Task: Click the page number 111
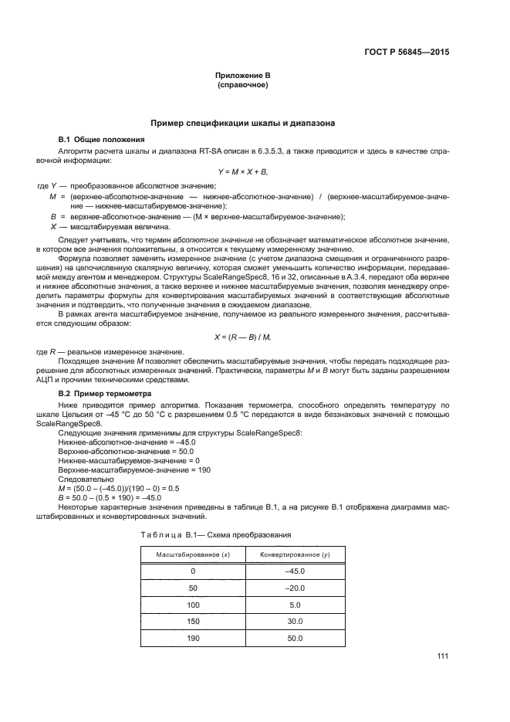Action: tap(442, 656)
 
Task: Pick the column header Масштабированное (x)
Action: tap(191, 555)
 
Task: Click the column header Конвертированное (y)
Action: tap(294, 555)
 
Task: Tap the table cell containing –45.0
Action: tap(294, 571)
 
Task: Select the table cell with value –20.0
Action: tap(294, 588)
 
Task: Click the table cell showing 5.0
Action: tap(294, 605)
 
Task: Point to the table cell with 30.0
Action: tap(294, 622)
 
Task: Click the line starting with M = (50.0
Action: tap(119, 488)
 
